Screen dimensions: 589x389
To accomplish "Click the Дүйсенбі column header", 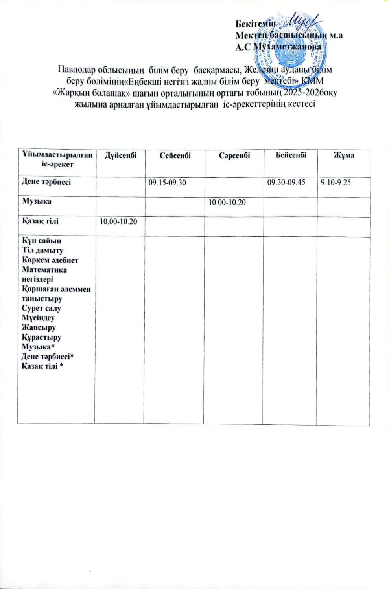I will pyautogui.click(x=121, y=155).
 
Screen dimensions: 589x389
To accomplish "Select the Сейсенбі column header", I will pyautogui.click(x=175, y=155).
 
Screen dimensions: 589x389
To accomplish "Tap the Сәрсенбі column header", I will pyautogui.click(x=234, y=155).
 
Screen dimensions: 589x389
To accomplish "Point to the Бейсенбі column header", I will pyautogui.click(x=291, y=155).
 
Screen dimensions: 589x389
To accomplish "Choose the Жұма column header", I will pyautogui.click(x=344, y=155).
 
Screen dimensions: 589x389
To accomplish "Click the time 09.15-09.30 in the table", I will pyautogui.click(x=167, y=183).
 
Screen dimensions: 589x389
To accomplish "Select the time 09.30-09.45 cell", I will pyautogui.click(x=286, y=182).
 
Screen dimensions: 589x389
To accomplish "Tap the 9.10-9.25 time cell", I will pyautogui.click(x=336, y=182).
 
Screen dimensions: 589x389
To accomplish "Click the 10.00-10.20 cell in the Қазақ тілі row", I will pyautogui.click(x=118, y=222).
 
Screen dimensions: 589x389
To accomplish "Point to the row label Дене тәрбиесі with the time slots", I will pyautogui.click(x=46, y=182).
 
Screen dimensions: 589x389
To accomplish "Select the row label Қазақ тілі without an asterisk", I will pyautogui.click(x=40, y=221).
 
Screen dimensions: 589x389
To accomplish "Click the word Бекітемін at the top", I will pyautogui.click(x=256, y=24).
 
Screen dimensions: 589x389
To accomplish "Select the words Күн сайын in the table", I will pyautogui.click(x=41, y=241).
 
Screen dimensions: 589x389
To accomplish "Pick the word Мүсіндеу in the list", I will pyautogui.click(x=38, y=318).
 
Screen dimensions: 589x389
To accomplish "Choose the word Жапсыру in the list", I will pyautogui.click(x=39, y=327).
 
